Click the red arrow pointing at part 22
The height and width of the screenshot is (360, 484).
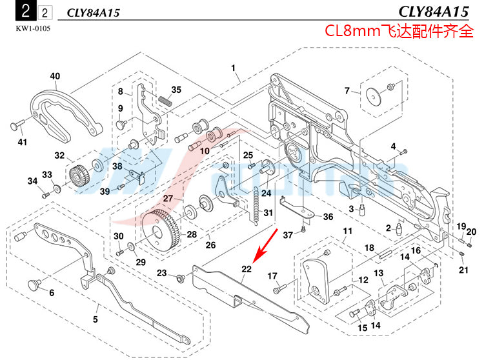tap(266, 243)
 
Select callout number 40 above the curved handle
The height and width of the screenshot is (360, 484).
tap(55, 76)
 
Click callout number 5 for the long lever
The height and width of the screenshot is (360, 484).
tap(95, 318)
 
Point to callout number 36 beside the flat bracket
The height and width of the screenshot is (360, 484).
tap(328, 217)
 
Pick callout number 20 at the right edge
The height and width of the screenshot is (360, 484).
tap(471, 232)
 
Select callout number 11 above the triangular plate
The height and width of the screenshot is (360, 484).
tap(347, 232)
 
